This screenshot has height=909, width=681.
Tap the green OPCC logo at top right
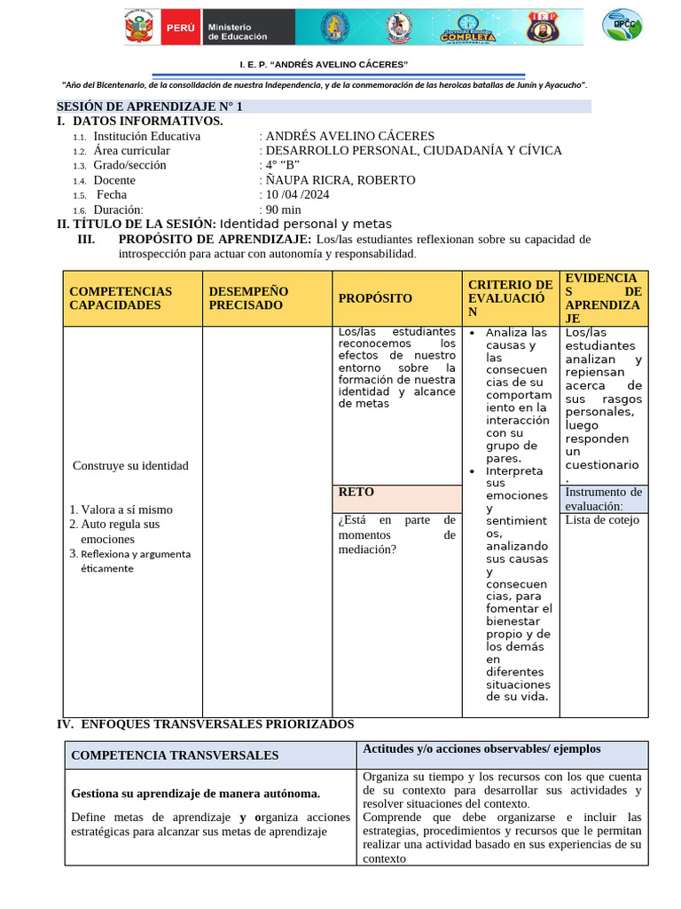[x=622, y=25]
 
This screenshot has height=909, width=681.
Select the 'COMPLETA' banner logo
[x=469, y=28]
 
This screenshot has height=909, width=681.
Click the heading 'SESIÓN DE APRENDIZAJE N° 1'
[x=150, y=107]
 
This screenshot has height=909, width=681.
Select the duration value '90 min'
[x=284, y=209]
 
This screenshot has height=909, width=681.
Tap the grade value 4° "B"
[x=283, y=165]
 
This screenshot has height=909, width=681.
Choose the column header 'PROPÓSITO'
[x=375, y=298]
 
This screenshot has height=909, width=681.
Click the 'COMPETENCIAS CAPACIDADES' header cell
[x=121, y=298]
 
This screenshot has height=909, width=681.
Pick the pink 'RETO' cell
[x=396, y=497]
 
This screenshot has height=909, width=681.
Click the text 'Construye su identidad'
[x=130, y=466]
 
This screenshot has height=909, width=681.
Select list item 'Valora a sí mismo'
[x=127, y=510]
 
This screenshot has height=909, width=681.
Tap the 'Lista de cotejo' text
[x=602, y=520]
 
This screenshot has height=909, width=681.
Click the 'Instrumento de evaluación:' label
[x=603, y=499]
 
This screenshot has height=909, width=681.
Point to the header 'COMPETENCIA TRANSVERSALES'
[x=175, y=755]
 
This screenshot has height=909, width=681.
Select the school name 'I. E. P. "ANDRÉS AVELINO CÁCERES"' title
[x=324, y=66]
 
